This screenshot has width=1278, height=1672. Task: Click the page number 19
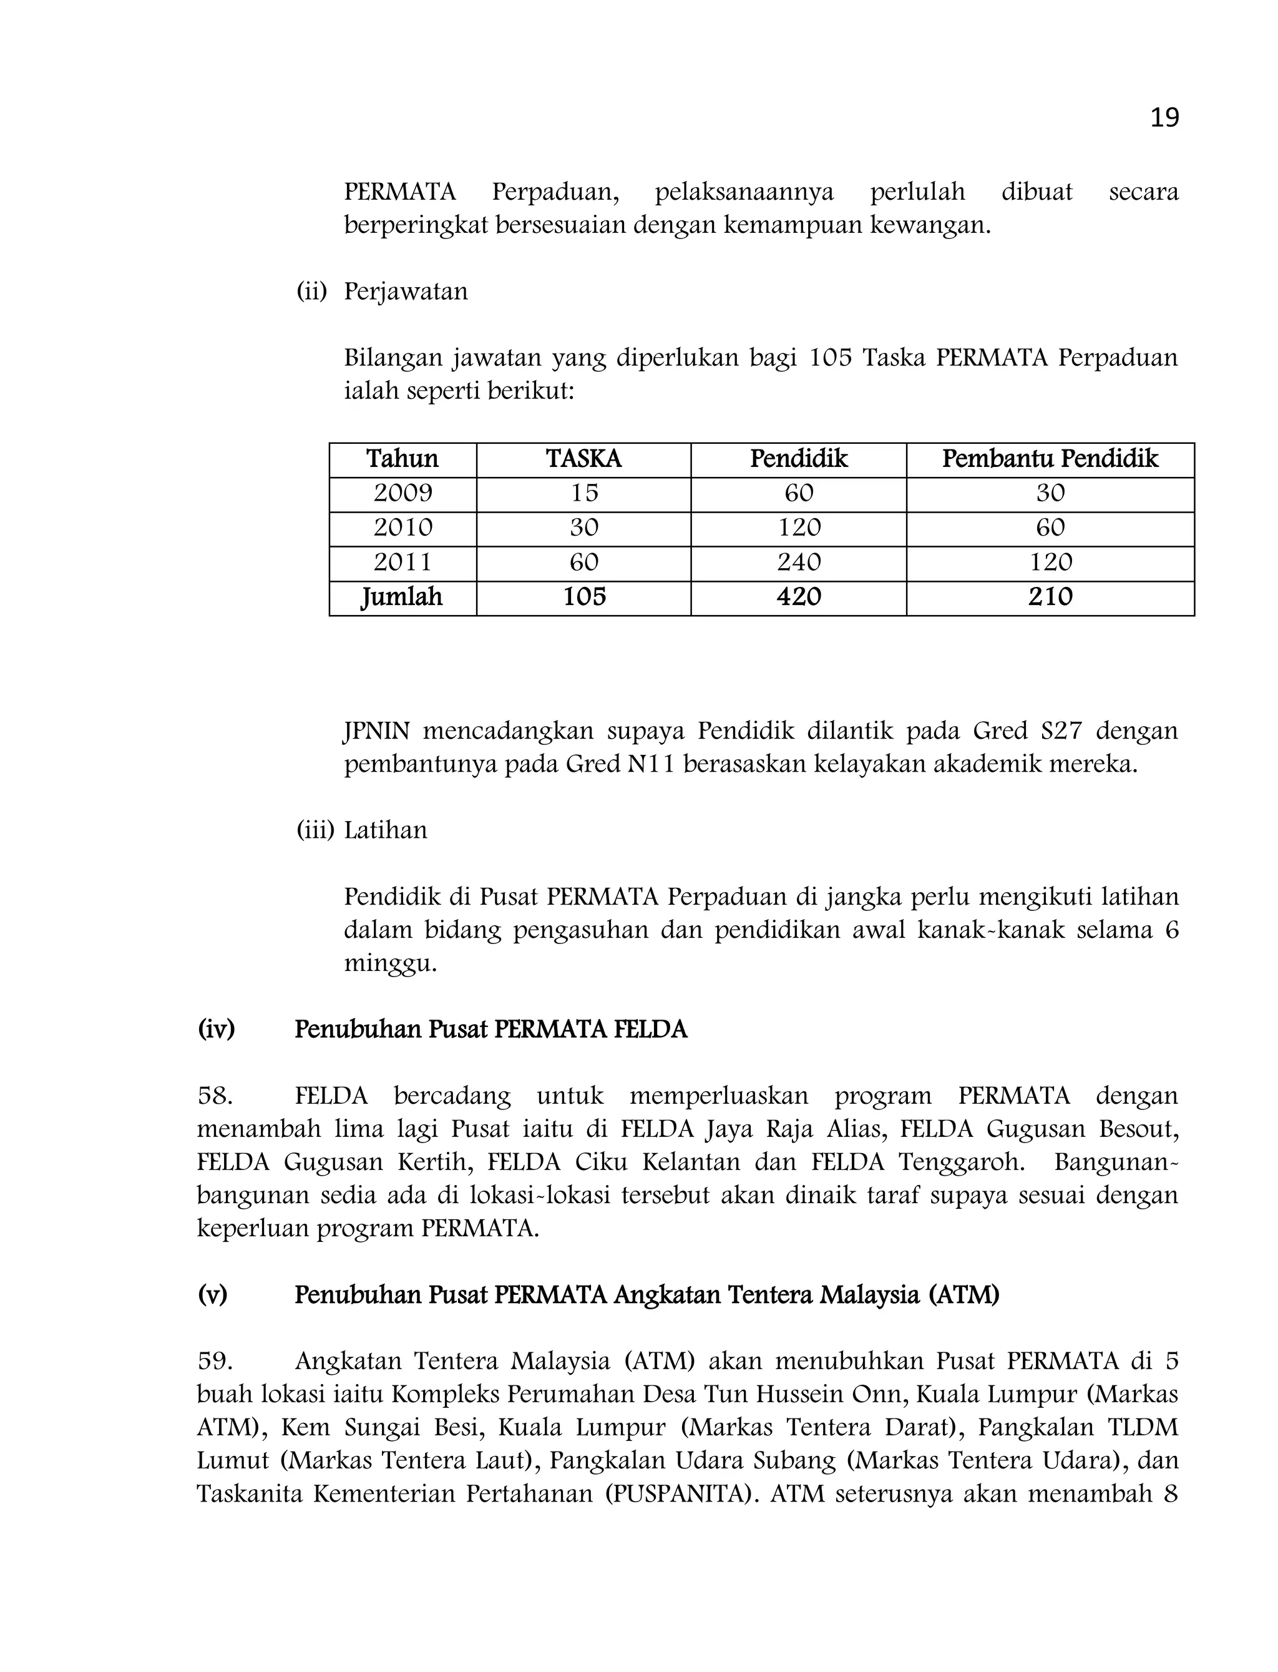coord(1164,118)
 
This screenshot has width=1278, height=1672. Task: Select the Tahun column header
coord(402,459)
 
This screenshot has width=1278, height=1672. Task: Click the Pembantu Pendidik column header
coord(1050,459)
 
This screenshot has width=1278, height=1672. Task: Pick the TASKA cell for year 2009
coord(584,493)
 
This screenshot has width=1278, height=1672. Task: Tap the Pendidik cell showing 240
coord(799,563)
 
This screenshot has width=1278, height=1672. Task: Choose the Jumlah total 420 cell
coord(799,597)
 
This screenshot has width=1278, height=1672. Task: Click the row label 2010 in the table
coord(402,528)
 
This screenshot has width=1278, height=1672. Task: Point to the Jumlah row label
coord(402,597)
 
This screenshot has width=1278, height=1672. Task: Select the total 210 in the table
coord(1050,597)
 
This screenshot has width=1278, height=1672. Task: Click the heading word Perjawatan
coord(406,292)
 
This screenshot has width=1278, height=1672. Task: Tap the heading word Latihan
coord(386,830)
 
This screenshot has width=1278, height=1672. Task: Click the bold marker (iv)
coord(216,1030)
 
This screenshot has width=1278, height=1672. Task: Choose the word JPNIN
coord(376,731)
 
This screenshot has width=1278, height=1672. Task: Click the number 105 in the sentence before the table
coord(830,358)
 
